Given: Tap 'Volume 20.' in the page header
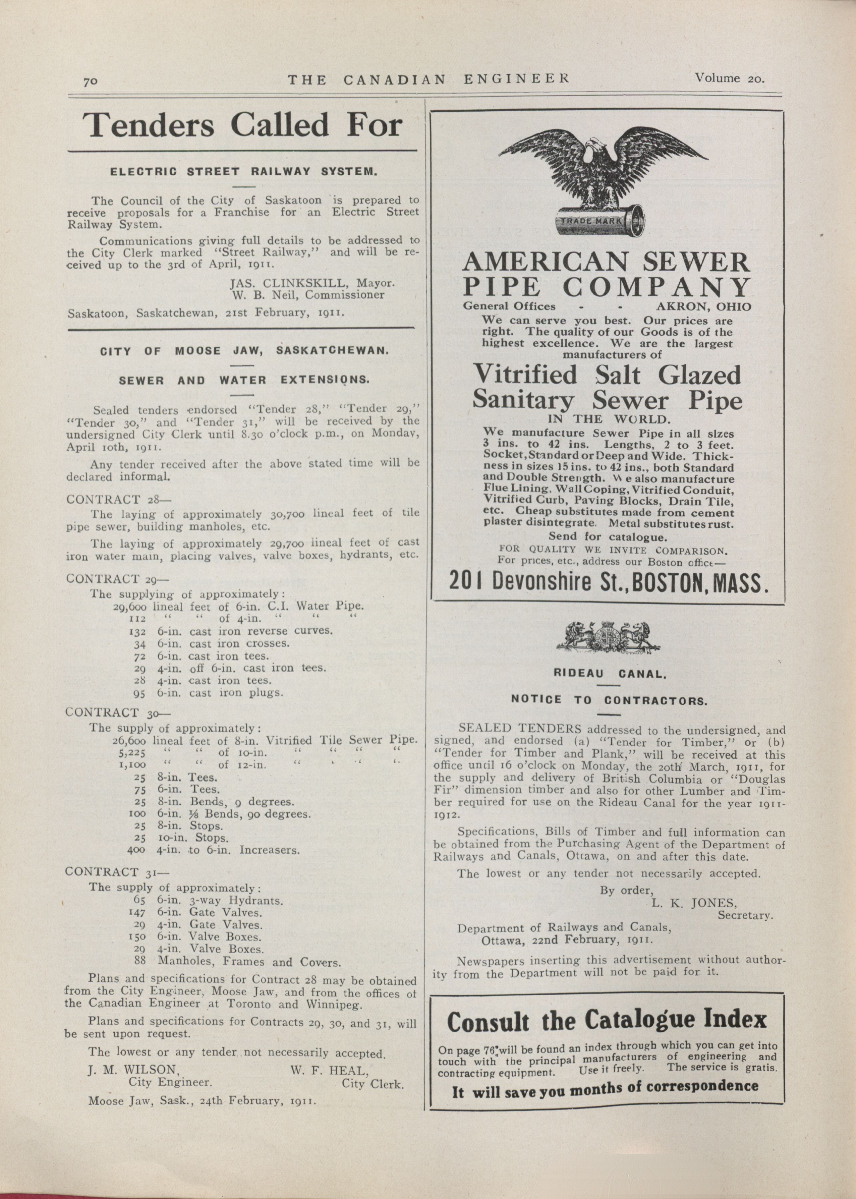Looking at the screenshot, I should point(730,78).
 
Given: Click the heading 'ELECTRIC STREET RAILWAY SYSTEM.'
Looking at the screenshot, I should point(243,172).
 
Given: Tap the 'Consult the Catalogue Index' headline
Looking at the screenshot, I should point(606,1021).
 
